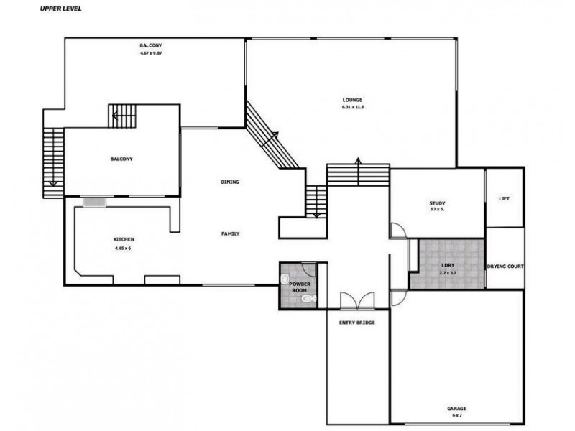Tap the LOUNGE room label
352,99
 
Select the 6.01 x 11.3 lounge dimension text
352,107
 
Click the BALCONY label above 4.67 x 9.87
150,46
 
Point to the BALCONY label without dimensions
121,159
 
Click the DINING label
230,182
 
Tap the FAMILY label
230,233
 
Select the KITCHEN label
124,239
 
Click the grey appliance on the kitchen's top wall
93,203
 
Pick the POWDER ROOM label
300,287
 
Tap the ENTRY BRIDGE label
356,323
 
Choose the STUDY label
438,203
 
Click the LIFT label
504,198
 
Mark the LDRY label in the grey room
448,266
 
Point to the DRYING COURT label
505,266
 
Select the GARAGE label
456,409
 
